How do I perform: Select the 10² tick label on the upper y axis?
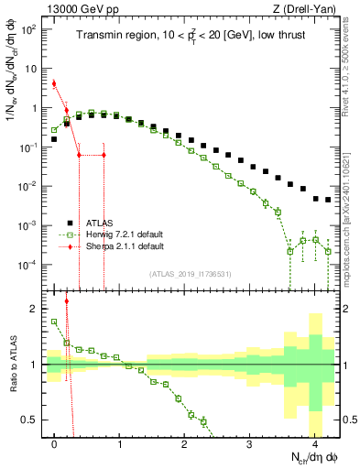[x=27, y=29]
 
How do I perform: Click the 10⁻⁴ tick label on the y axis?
[x=27, y=266]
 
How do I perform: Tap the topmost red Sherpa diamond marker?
[x=54, y=83]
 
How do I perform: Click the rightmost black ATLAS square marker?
[x=328, y=200]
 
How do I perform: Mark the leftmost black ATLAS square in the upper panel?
[x=54, y=140]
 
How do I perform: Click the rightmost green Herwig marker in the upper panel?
[x=328, y=249]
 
